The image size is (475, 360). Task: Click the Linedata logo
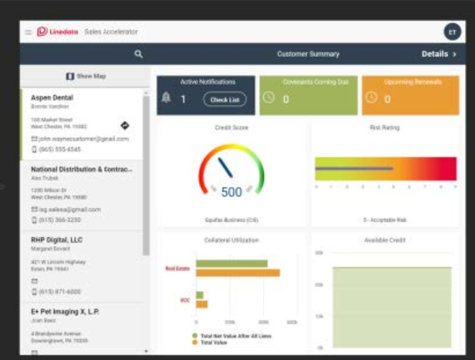point(53,32)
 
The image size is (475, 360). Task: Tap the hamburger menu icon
point(29,32)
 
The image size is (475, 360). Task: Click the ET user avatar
point(452,32)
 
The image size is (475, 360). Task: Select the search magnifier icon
point(139,54)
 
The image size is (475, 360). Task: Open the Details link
point(439,54)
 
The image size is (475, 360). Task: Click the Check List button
point(224,99)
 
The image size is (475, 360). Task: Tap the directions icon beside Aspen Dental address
point(125,125)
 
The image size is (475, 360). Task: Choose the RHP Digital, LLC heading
point(56,240)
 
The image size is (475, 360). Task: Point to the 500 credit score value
point(231,192)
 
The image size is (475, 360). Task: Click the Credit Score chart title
point(231,128)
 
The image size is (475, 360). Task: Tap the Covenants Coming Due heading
point(308,82)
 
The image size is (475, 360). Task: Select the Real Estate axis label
point(177,268)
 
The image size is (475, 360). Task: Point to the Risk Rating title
point(385,128)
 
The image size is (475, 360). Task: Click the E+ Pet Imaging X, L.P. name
point(66,311)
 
